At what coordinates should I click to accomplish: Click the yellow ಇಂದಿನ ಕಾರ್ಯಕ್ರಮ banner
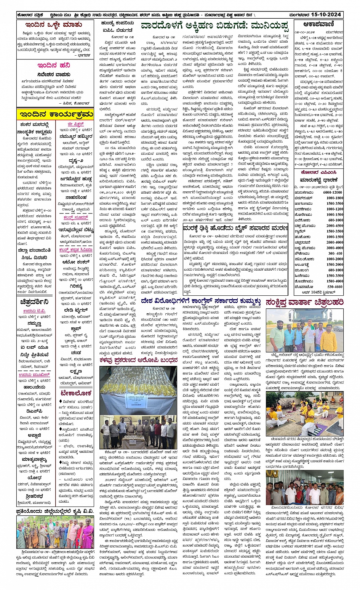[x=56, y=114]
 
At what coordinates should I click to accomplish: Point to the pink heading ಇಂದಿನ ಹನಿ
[x=53, y=65]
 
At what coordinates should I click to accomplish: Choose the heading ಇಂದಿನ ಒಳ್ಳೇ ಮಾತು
[x=54, y=25]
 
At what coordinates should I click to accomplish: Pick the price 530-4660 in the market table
[x=334, y=287]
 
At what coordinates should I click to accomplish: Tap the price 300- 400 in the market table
[x=334, y=253]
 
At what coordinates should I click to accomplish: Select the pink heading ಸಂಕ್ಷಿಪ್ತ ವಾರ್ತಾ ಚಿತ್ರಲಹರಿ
[x=305, y=302]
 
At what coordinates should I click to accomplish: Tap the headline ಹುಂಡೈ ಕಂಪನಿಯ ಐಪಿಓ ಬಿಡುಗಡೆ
[x=117, y=27]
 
